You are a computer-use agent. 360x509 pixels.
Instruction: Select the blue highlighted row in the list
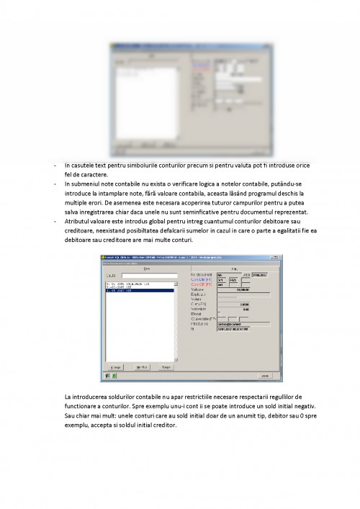[x=140, y=291]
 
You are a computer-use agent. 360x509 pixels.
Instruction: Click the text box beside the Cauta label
[x=148, y=275]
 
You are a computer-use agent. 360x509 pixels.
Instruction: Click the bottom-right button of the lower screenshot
[x=264, y=376]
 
